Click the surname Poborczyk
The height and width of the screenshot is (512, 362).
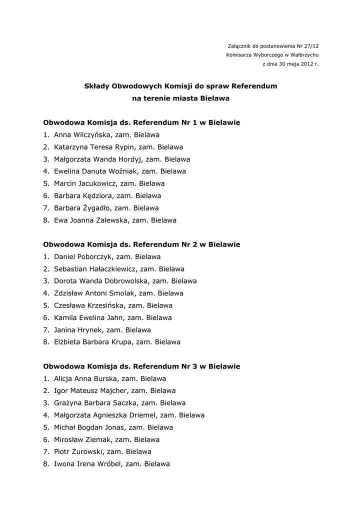coord(95,257)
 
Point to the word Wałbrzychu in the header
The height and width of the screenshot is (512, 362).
coord(301,55)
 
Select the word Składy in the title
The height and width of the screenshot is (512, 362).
coord(96,86)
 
